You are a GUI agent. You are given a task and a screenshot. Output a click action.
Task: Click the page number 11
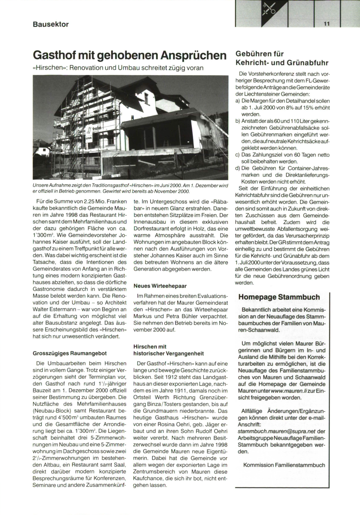327,24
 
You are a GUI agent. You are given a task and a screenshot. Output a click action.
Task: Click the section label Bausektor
51,24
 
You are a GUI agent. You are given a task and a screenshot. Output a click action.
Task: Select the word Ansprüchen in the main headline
193,56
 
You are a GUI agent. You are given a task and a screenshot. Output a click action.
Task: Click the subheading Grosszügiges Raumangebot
70,353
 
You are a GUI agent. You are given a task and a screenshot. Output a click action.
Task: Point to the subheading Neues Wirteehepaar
160,286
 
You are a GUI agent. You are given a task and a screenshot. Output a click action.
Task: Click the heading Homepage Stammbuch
279,297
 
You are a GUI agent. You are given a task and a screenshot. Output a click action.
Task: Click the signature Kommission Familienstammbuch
284,465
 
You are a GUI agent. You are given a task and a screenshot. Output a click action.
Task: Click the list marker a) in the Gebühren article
238,101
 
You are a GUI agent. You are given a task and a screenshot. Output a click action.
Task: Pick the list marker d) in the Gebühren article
238,168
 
